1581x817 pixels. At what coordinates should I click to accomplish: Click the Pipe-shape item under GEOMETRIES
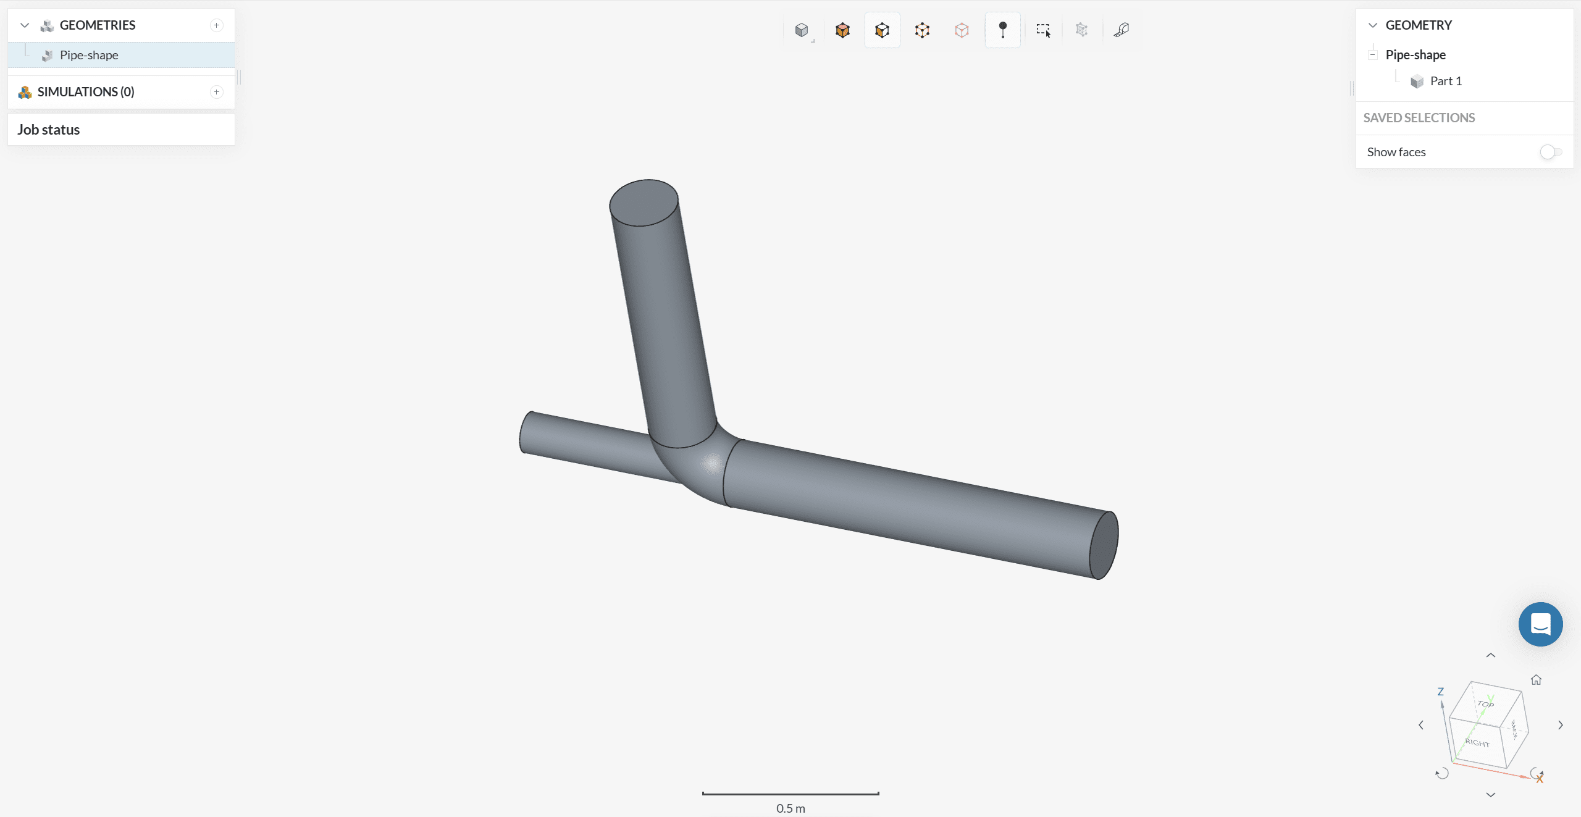click(89, 55)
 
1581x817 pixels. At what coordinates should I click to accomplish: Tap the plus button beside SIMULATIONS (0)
click(217, 92)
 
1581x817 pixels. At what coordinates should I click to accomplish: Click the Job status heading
click(49, 130)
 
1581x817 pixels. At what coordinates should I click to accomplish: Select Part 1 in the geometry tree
click(1446, 81)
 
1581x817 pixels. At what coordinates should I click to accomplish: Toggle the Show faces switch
click(1551, 152)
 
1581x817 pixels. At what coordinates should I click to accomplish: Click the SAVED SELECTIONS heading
click(1419, 118)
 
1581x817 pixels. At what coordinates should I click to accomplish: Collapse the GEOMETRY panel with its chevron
click(1373, 25)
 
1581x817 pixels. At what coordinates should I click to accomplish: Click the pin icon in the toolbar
click(1003, 30)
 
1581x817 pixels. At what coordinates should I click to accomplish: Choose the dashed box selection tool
click(1043, 30)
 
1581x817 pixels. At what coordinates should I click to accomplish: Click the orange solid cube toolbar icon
click(842, 30)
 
